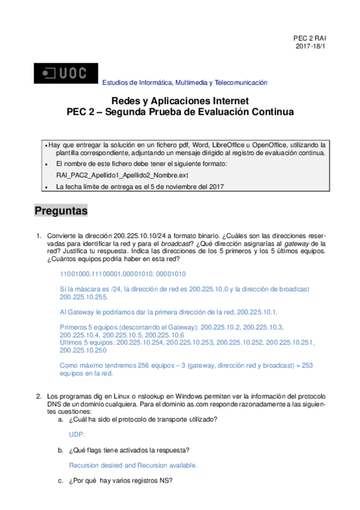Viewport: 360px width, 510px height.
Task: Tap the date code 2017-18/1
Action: [x=311, y=46]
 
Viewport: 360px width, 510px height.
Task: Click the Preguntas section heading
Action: [x=61, y=212]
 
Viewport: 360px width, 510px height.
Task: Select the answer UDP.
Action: [x=76, y=434]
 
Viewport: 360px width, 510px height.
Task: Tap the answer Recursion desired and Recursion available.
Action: [x=133, y=465]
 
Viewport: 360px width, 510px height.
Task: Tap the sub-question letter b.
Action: [x=60, y=450]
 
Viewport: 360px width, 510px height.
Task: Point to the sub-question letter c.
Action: [x=60, y=480]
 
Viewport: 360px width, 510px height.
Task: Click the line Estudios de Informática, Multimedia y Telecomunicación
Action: [x=185, y=82]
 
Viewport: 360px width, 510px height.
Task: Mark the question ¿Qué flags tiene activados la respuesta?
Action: [x=130, y=450]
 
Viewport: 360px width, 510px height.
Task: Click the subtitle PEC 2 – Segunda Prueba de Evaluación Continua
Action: [x=180, y=112]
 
